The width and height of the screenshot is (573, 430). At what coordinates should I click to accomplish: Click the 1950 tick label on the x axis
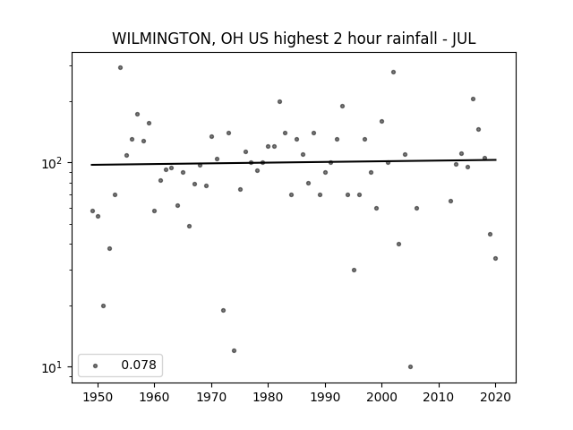click(98, 397)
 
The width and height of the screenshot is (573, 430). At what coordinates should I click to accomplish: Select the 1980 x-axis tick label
click(268, 397)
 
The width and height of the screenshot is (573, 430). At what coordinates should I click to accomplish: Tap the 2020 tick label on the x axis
click(495, 397)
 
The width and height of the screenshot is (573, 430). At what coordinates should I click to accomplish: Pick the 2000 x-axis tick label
click(382, 397)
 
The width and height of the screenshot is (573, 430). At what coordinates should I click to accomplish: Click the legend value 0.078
click(139, 365)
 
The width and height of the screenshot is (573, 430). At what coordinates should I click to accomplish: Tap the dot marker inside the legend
click(96, 365)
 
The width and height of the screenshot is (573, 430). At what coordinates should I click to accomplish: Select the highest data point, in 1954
click(120, 68)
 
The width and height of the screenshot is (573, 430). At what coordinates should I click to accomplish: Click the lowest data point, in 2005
click(410, 366)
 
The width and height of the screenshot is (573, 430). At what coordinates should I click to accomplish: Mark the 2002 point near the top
click(393, 72)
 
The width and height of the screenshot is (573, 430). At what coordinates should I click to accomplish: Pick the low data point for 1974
click(234, 350)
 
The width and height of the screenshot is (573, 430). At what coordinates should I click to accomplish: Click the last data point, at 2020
click(495, 259)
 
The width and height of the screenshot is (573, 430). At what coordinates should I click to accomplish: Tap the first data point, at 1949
click(92, 211)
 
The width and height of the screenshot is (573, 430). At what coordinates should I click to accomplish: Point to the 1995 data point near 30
click(354, 271)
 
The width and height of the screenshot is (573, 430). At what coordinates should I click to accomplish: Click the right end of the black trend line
click(496, 159)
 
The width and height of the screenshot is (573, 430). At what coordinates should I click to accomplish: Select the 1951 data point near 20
click(104, 306)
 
